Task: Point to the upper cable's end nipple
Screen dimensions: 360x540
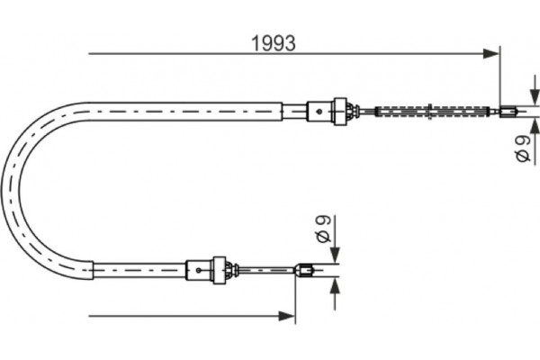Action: coord(508,111)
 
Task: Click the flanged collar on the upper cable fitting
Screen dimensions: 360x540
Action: coord(340,110)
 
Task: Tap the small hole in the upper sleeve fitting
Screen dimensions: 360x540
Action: coord(319,111)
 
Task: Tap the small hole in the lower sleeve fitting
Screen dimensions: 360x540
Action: coord(195,267)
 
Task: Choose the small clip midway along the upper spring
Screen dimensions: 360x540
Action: coord(434,112)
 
